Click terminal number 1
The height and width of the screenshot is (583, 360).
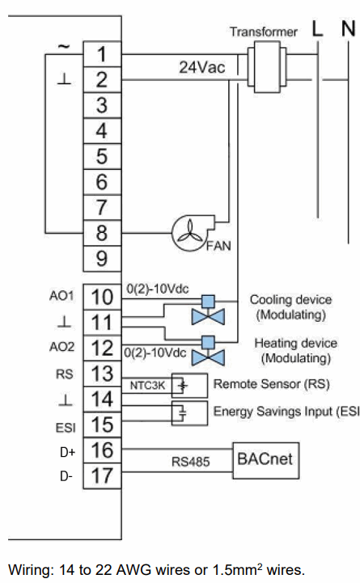102,54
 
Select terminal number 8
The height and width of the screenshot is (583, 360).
102,234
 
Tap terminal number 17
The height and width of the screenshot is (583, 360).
102,475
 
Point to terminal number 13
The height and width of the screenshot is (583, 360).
102,374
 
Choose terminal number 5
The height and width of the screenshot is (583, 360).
102,157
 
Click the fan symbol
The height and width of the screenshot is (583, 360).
191,234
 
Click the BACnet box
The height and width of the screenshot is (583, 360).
264,459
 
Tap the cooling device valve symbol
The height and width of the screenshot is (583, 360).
208,311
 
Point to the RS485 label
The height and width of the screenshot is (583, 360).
191,463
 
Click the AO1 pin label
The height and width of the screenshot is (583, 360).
62,297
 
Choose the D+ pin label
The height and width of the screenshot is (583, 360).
66,450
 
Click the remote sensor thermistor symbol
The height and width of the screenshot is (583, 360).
183,386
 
